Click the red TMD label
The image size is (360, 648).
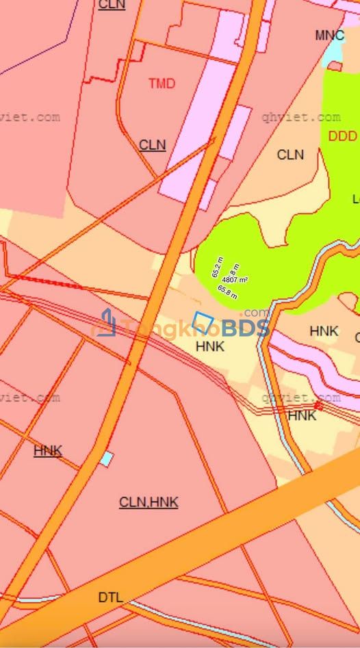(162, 83)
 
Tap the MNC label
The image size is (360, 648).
(329, 35)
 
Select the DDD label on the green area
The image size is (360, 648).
(342, 136)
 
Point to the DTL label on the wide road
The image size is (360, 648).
(110, 597)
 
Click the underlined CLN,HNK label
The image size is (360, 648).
(149, 502)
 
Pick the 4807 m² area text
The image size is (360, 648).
(234, 279)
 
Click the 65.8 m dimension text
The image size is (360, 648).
(227, 292)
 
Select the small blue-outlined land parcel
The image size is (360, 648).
(204, 321)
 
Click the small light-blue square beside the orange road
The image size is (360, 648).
(106, 459)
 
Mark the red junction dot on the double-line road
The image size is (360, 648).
(318, 406)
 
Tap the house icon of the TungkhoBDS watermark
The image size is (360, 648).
(105, 323)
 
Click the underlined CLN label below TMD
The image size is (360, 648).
(152, 145)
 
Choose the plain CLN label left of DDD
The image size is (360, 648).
(290, 155)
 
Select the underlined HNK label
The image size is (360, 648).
(47, 450)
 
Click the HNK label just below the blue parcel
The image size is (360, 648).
(209, 347)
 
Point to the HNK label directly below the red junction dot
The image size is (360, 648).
(302, 415)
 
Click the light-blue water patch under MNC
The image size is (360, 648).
(333, 50)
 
